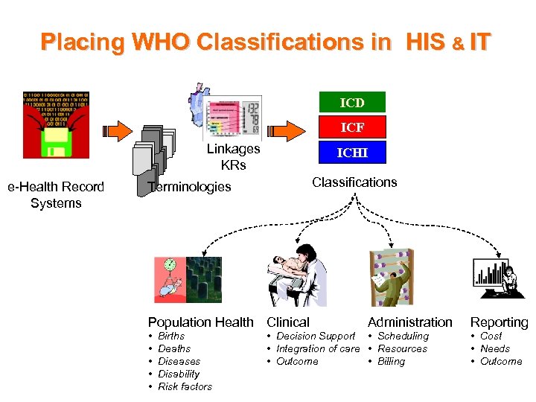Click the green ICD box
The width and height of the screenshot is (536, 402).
(352, 102)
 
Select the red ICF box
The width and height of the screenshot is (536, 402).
(352, 127)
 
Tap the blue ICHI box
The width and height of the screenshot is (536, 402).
(352, 153)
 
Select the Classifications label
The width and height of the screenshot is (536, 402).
(354, 182)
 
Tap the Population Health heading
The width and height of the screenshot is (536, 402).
(200, 322)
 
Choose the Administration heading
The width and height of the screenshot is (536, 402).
(409, 322)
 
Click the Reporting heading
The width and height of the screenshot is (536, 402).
(499, 322)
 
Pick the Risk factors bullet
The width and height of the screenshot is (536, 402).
(185, 386)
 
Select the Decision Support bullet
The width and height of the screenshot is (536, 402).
(315, 336)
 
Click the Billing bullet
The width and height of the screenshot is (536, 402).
(391, 362)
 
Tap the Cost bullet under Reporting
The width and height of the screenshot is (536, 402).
(491, 336)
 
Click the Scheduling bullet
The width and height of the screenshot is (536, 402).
(403, 336)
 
